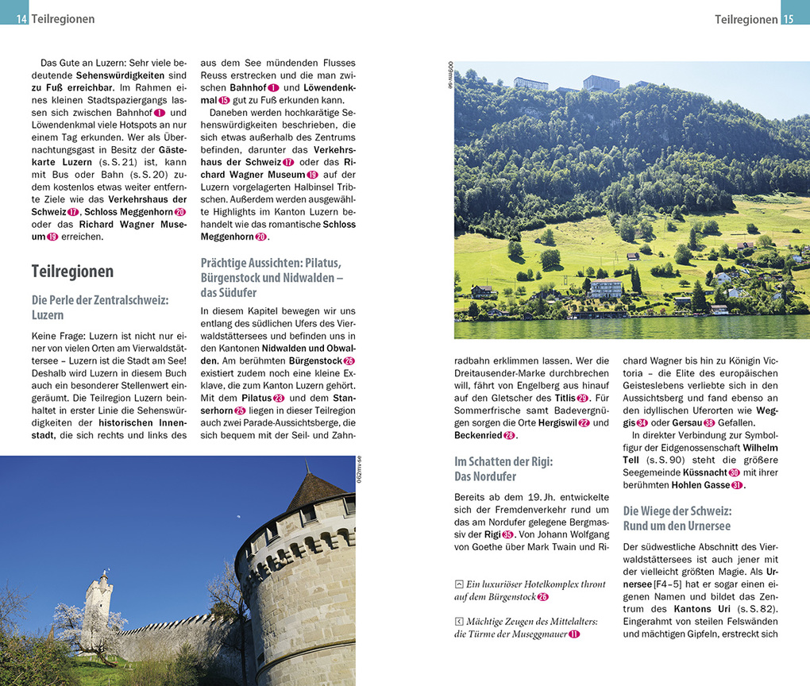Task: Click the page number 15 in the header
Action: tap(788, 18)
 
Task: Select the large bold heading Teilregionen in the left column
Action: tap(72, 271)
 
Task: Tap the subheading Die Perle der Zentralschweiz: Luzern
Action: tap(100, 307)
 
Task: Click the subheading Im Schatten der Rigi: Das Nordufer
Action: tap(503, 469)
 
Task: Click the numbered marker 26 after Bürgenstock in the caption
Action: tap(543, 597)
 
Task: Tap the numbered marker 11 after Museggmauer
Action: tap(575, 634)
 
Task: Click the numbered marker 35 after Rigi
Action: tap(508, 534)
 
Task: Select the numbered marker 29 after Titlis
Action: tap(583, 398)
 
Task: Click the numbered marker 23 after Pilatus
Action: tap(279, 398)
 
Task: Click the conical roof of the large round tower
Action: tap(315, 490)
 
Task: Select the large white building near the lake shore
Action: tap(606, 289)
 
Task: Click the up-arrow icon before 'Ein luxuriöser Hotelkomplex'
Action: tap(459, 584)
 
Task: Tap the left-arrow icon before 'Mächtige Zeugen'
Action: tap(459, 622)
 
